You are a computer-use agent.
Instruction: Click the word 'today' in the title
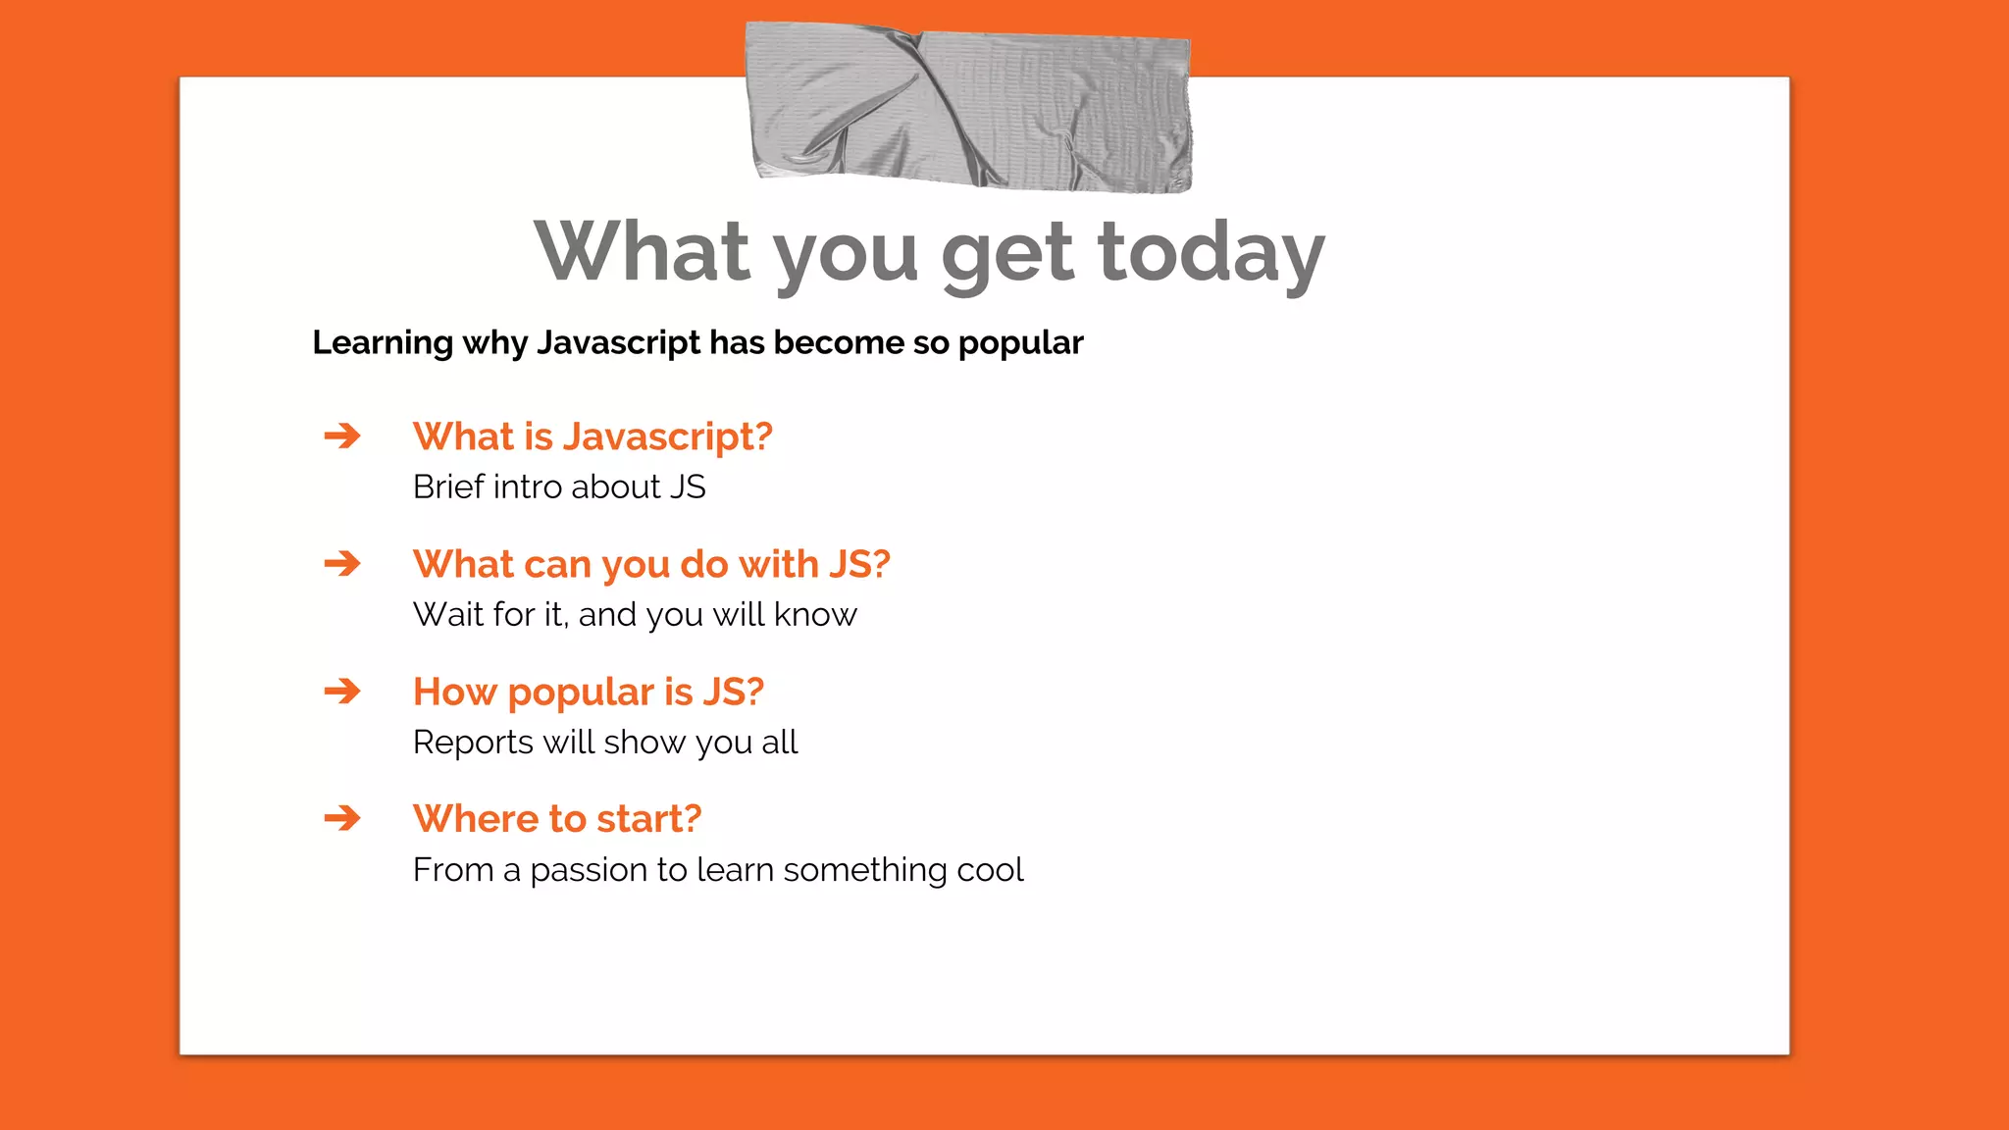[1211, 253]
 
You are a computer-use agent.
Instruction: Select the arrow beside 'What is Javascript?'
[342, 436]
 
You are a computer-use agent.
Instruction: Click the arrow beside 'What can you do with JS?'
[342, 563]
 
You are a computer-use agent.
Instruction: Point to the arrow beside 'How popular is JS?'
[342, 692]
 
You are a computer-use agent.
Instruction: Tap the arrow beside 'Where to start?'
[342, 818]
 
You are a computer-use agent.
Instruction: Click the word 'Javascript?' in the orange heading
[667, 437]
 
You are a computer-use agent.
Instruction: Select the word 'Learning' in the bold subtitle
[383, 343]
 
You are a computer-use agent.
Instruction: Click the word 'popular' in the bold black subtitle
[1020, 343]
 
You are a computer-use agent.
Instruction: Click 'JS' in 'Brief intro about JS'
[688, 487]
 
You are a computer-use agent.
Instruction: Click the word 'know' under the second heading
[815, 614]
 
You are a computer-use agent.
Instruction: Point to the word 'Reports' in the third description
[473, 743]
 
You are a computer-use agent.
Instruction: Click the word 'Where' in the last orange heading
[475, 818]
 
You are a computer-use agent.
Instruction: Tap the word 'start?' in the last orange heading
[648, 818]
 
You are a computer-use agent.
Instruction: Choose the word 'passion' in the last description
[589, 871]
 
